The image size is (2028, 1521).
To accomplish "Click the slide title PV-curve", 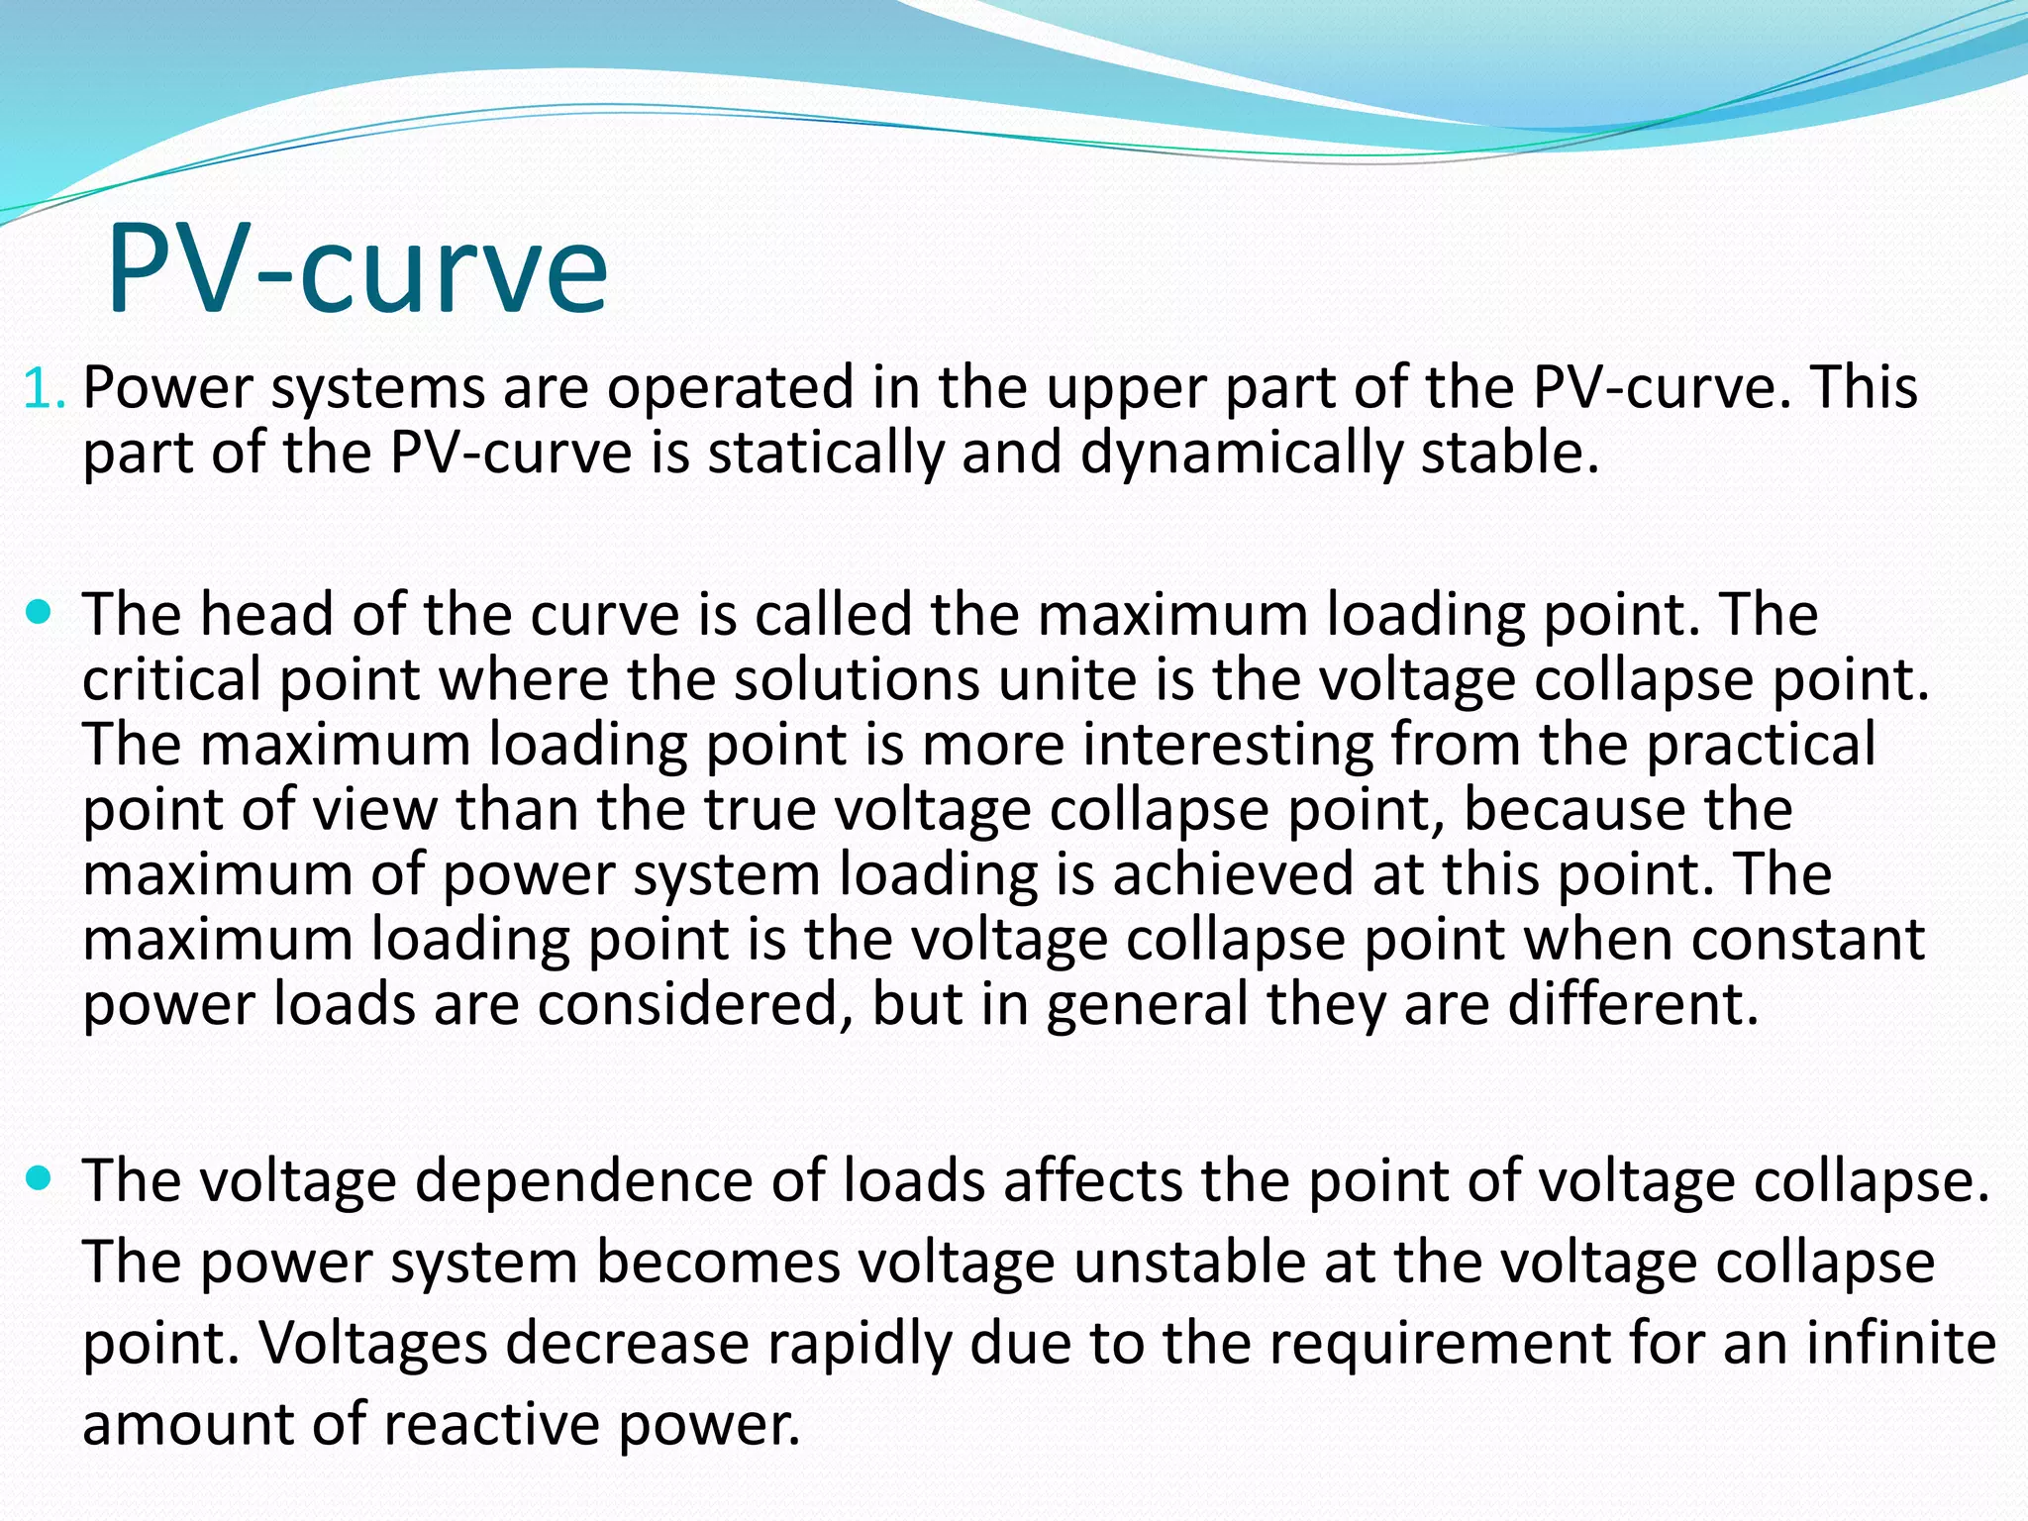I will tap(356, 269).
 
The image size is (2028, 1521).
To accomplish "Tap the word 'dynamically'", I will tap(1241, 454).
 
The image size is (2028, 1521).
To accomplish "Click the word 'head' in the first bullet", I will tap(265, 614).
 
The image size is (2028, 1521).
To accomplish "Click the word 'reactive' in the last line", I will tap(491, 1425).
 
